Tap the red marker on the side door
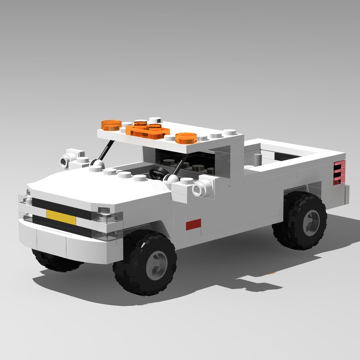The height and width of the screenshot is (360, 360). coord(193,224)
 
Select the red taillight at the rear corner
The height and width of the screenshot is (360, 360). coord(338,172)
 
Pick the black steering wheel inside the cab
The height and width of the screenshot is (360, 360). coord(158,173)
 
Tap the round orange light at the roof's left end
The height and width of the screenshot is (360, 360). coord(110,124)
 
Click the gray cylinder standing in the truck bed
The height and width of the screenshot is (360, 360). coord(257,160)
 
